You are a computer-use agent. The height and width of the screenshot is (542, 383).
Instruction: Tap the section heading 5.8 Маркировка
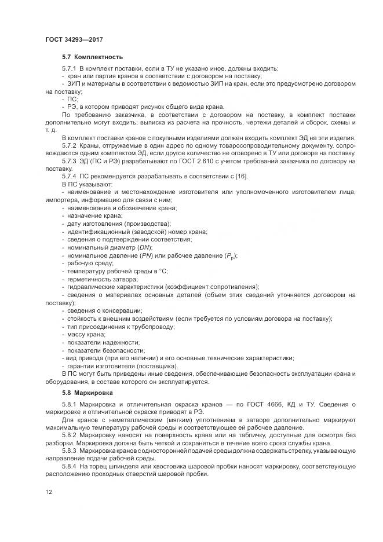89,393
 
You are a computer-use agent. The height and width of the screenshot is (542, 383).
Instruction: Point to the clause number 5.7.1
70,69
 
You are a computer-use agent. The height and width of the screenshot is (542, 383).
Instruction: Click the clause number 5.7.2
70,145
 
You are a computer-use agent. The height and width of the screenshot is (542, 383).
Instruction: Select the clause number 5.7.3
70,160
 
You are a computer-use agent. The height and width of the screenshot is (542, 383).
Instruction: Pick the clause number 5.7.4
70,176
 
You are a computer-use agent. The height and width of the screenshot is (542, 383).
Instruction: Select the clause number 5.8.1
70,404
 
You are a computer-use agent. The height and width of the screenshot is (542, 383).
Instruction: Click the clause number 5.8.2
70,434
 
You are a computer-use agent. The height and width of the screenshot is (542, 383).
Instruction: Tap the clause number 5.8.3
70,450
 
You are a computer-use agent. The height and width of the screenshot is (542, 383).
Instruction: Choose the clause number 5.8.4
70,466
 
